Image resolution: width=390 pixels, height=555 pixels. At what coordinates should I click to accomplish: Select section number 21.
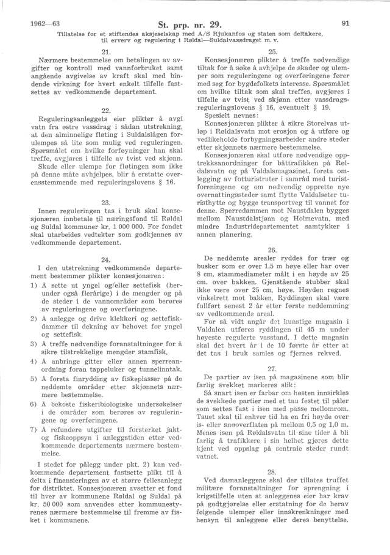(105, 52)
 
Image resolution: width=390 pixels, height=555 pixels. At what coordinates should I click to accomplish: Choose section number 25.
(273, 52)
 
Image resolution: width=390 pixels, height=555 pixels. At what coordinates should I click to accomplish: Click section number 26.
(273, 248)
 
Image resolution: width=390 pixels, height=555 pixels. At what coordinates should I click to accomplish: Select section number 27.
(273, 368)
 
